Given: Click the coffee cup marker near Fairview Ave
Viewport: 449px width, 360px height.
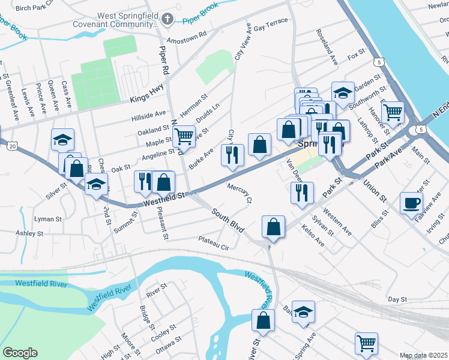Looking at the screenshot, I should click(x=412, y=203).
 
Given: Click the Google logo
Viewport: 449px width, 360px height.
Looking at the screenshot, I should click(x=20, y=353).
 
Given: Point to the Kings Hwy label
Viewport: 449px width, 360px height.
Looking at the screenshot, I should click(x=147, y=100).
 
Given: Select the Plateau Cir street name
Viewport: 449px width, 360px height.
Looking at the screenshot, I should click(x=214, y=243).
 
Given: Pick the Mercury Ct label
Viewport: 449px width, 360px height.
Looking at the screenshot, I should click(x=240, y=193).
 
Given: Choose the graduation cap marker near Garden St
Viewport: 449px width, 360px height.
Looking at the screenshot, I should click(x=343, y=93).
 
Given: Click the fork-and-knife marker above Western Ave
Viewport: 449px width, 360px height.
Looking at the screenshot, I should click(x=301, y=193).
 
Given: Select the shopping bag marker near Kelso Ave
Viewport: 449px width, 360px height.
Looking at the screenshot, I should click(x=273, y=227).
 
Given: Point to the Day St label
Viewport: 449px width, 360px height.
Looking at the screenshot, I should click(x=397, y=299).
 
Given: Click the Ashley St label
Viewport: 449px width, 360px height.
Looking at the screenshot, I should click(x=26, y=233).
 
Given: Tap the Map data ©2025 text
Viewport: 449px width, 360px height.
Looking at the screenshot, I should click(x=423, y=355).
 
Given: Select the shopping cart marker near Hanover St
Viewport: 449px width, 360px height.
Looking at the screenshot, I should click(x=393, y=112).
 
